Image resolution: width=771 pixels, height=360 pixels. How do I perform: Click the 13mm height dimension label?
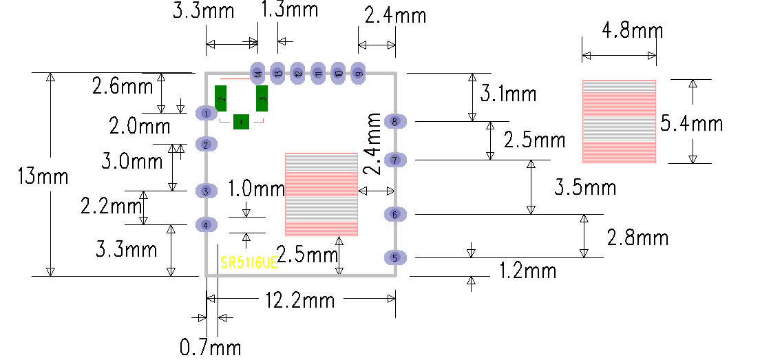[43, 176]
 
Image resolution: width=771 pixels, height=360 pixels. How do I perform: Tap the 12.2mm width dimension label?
[300, 300]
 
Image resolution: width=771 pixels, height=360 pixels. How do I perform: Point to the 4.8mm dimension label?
[632, 31]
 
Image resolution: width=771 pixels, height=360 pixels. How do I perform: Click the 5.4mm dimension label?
[691, 123]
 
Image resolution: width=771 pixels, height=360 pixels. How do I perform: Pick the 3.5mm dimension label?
[585, 187]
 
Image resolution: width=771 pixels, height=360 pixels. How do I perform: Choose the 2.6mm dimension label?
[123, 87]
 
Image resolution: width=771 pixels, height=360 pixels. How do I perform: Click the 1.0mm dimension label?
[256, 188]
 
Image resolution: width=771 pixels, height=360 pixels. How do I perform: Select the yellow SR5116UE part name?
[249, 263]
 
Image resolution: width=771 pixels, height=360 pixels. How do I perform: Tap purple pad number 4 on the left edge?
[206, 224]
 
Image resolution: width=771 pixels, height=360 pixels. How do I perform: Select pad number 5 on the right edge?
[395, 258]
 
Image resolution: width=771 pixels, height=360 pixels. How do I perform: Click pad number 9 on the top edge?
[359, 73]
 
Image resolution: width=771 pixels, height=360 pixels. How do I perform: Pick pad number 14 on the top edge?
[257, 73]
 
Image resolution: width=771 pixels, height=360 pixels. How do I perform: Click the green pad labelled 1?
[241, 121]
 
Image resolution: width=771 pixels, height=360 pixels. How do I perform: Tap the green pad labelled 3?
[262, 98]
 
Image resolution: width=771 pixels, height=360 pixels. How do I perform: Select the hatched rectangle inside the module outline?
[321, 194]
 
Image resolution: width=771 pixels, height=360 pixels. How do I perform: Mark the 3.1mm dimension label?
[508, 93]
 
